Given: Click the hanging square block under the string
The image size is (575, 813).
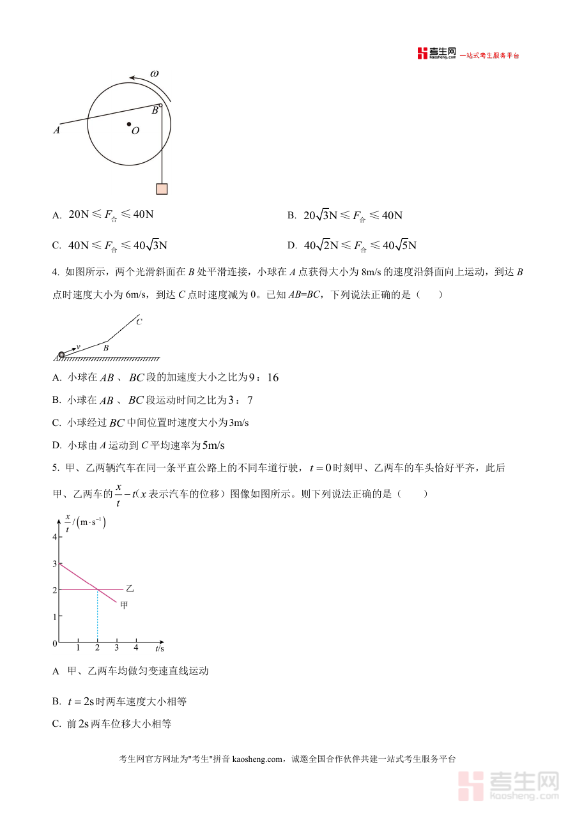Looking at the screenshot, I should click(x=162, y=188).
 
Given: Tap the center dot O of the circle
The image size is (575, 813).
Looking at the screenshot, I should click(x=129, y=124).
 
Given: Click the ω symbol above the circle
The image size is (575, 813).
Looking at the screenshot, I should click(x=155, y=73).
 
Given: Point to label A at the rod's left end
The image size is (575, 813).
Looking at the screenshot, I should click(x=57, y=130).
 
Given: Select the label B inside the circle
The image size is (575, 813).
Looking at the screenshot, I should click(x=154, y=110).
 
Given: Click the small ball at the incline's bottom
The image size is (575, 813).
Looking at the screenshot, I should click(x=61, y=354).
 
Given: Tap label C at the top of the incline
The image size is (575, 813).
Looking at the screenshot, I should click(x=139, y=322).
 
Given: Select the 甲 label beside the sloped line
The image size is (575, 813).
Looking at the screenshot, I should click(x=124, y=604).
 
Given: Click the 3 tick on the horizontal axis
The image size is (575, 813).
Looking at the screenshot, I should click(x=116, y=648).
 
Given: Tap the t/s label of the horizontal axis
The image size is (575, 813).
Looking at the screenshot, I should click(x=159, y=648).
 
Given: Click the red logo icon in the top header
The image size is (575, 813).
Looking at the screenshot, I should click(x=422, y=54).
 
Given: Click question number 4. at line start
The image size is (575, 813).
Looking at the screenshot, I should click(x=56, y=272).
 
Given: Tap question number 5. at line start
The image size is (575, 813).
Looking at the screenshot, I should click(x=56, y=468).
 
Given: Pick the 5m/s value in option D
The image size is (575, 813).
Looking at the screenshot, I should click(x=214, y=445).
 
